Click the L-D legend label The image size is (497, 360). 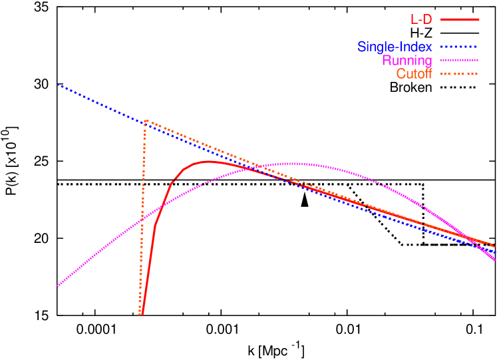pos(421,19)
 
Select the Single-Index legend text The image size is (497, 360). pos(395,47)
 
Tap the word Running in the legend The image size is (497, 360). pos(407,61)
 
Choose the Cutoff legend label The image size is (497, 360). pos(414,74)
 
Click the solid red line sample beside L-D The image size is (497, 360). pos(460,19)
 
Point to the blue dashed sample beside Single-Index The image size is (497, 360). pos(458,47)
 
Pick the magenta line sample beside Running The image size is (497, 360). pos(458,60)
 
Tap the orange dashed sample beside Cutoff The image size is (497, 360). pos(458,73)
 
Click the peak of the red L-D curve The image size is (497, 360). pos(209,161)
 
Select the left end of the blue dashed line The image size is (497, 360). pos(58,85)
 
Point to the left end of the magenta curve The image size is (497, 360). pos(58,286)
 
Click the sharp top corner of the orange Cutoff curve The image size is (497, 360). pos(145,120)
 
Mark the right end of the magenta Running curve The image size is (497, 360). pos(495,260)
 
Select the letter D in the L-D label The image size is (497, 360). pos(426,19)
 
